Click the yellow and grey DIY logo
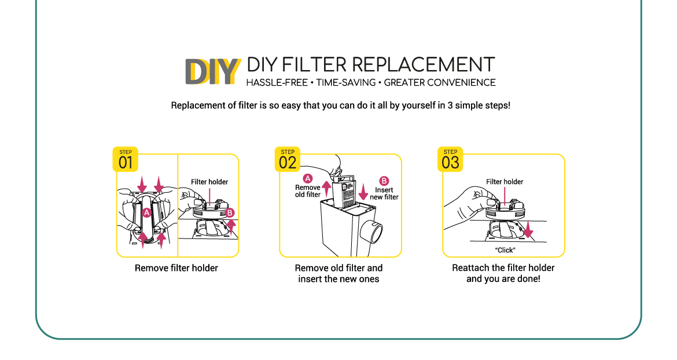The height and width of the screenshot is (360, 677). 212,71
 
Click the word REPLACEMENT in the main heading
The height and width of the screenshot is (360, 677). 424,65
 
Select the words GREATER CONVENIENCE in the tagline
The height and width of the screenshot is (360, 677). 440,82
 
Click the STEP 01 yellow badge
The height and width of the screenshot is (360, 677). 126,160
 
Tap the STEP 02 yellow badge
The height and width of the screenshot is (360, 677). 288,160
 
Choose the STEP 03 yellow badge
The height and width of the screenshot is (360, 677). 450,160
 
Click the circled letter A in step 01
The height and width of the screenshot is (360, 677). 147,213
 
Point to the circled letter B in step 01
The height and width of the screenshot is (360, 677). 230,213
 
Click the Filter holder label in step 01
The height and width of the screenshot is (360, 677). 209,182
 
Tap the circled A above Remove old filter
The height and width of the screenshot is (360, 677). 308,179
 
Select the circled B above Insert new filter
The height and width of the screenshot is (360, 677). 384,181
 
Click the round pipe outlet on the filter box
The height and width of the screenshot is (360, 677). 371,231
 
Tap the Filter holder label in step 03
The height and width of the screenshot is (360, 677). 505,182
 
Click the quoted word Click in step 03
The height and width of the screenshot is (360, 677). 506,250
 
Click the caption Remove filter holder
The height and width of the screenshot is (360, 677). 176,268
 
